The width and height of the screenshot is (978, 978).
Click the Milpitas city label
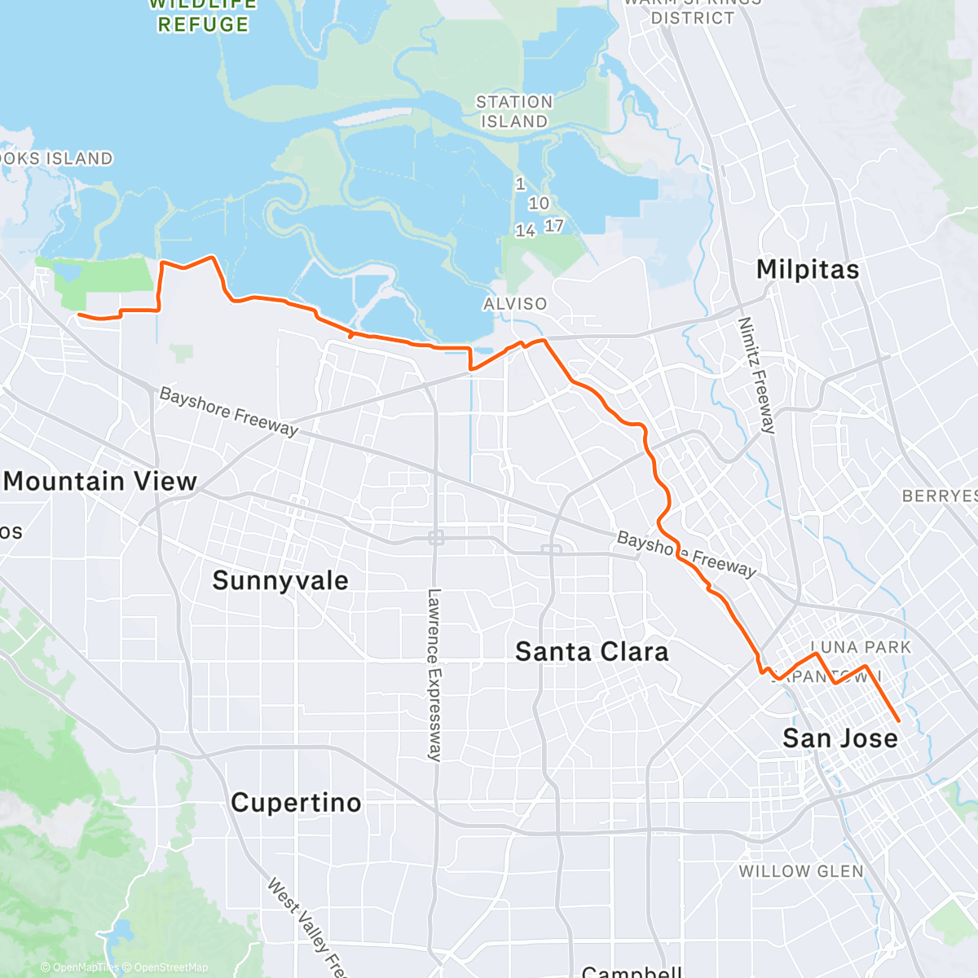click(x=808, y=270)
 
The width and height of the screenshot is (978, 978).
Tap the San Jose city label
click(x=839, y=738)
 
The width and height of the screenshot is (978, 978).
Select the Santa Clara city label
click(x=592, y=652)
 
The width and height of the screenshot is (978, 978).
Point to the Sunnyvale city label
click(x=280, y=580)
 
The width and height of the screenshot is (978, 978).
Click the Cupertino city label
click(x=296, y=803)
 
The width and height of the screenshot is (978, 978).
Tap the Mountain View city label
click(x=100, y=482)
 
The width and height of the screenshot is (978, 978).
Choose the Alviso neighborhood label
click(x=515, y=304)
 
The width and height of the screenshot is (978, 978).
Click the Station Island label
click(x=514, y=112)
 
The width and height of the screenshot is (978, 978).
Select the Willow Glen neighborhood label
click(x=801, y=871)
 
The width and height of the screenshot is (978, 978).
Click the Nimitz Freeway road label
click(x=756, y=375)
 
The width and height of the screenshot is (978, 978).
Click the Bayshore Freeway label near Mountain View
click(x=229, y=412)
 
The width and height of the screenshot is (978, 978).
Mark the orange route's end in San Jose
click(x=898, y=721)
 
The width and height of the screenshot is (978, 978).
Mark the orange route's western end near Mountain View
click(x=78, y=314)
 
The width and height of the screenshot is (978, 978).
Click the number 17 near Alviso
click(x=554, y=226)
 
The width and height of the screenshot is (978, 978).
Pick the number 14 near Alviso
click(x=525, y=231)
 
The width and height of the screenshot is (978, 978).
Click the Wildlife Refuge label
click(x=203, y=16)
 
